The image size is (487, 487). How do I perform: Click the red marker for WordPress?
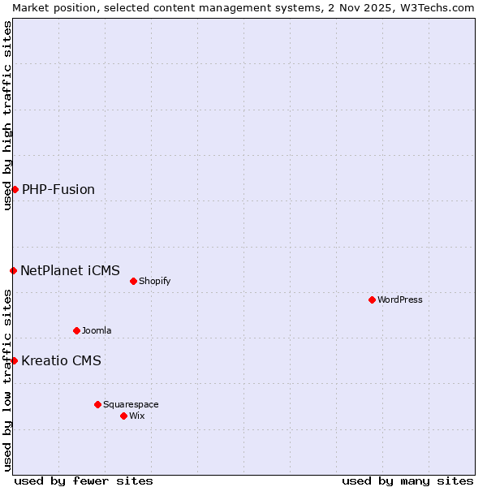pos(372,300)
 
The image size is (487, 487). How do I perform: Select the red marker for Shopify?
pos(133,281)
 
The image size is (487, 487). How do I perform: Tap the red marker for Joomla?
pos(76,330)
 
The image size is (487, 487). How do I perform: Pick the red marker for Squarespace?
pos(97,404)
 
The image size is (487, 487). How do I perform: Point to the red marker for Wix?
pos(123,416)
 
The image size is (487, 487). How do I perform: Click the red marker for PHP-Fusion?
pos(15,189)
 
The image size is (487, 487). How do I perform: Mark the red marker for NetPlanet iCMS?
pos(13,270)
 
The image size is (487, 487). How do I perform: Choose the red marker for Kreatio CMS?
pos(14,360)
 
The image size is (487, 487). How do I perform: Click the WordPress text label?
pos(400,300)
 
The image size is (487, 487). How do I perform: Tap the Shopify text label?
pos(154,281)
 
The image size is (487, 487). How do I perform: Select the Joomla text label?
pos(97,330)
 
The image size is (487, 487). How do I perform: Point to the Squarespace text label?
pos(131,404)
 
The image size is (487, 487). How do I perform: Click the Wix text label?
pos(137,416)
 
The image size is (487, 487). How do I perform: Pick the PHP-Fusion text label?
pos(58,189)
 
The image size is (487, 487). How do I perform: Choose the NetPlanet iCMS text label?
pos(70,270)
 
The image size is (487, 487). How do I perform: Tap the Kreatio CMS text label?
pos(61,360)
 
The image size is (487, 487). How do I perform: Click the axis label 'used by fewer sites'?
pos(84,481)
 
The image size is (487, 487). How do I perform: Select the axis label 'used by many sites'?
pos(407,481)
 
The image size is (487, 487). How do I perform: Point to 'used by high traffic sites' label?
pos(7,115)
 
